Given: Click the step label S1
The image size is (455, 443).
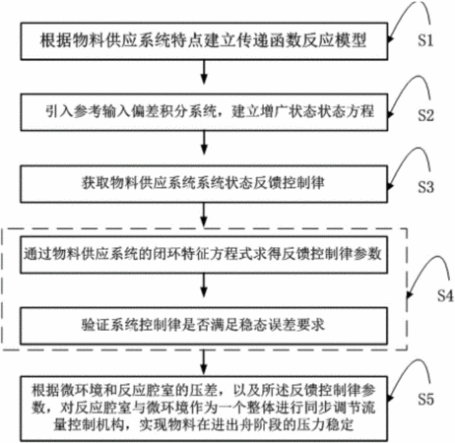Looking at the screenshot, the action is click(425, 40).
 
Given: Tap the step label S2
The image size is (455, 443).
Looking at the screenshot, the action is click(425, 115).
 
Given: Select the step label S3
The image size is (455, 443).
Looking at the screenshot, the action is click(425, 187).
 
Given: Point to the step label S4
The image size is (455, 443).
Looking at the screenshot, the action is click(445, 295).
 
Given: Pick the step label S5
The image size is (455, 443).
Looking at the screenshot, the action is click(425, 399).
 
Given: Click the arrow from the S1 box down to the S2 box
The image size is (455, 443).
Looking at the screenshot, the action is click(204, 72).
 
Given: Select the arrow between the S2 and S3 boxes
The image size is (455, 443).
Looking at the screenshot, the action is click(204, 143).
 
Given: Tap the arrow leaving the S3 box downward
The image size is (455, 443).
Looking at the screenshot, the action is click(204, 215).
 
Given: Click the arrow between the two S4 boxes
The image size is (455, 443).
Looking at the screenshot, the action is click(204, 285).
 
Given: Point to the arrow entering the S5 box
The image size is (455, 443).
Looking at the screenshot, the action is click(204, 362).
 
